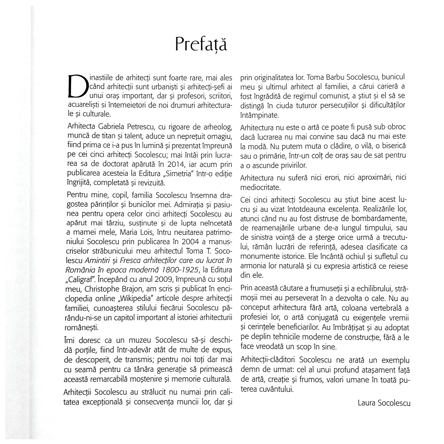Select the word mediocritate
260,188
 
